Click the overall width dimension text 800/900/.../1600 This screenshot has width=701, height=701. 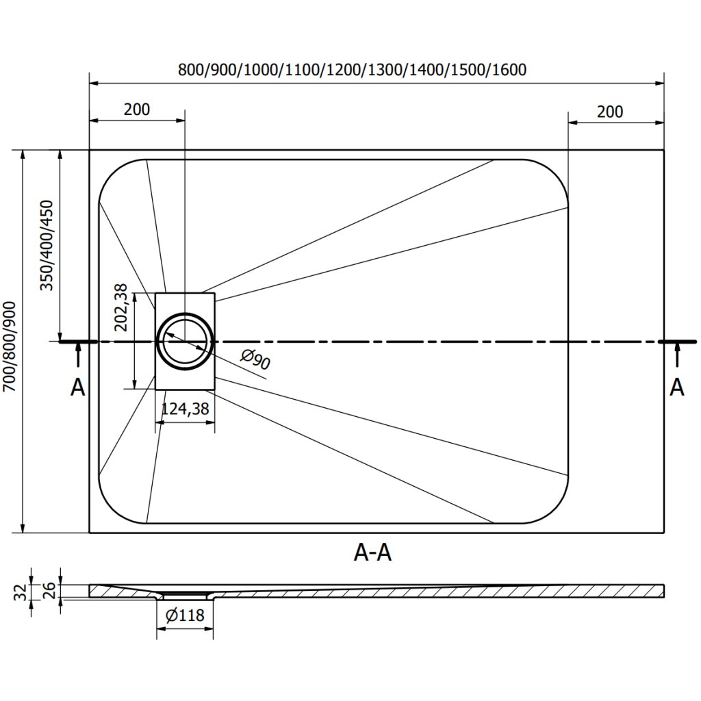coord(351,69)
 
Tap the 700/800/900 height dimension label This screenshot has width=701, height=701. coord(10,347)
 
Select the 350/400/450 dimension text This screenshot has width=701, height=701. coord(47,246)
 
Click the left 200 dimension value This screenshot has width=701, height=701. coord(137,109)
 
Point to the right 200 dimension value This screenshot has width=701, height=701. coord(610,111)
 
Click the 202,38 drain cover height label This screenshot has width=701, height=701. coord(121,309)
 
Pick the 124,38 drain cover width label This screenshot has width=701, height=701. coord(184,409)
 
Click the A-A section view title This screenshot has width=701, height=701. coord(372,552)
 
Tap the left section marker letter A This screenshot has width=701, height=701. coord(78,387)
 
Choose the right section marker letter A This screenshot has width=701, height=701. coord(676,387)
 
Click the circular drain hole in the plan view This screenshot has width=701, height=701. coord(185,341)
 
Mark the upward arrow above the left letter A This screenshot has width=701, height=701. coord(78,356)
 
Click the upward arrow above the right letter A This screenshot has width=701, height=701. coord(677,356)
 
